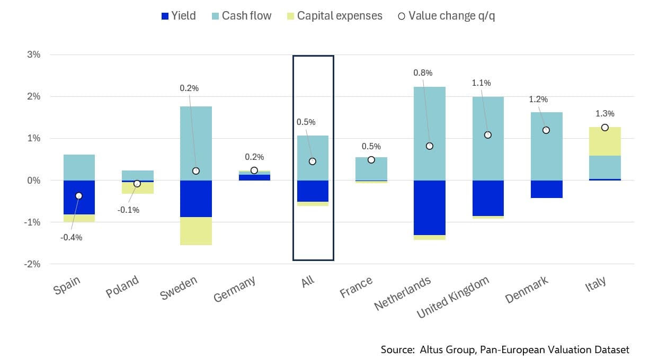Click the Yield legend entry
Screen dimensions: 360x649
[177, 16]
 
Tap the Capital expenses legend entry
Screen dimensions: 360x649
[333, 16]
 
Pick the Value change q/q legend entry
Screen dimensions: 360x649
[446, 16]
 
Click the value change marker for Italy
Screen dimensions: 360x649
[604, 127]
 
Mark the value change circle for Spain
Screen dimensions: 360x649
[79, 196]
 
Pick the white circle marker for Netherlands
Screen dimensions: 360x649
[430, 146]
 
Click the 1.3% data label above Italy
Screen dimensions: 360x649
[604, 113]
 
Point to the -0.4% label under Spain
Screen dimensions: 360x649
[71, 238]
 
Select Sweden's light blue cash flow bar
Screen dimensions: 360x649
[196, 143]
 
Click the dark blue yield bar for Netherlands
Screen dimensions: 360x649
[430, 208]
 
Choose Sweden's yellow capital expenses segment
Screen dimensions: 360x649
[196, 231]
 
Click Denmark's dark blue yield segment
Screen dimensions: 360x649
[546, 189]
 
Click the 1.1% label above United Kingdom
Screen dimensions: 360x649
[481, 83]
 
